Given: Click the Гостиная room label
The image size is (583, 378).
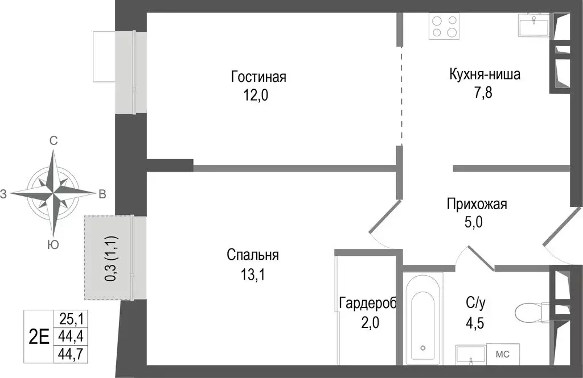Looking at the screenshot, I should tap(258, 77).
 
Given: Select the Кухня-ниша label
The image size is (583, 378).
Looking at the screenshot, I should tap(485, 74).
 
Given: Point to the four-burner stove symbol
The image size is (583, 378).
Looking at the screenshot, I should tap(444, 26).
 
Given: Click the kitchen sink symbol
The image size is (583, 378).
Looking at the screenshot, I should tap(533, 25).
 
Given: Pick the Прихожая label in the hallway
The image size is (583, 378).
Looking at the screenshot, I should tap(477, 204).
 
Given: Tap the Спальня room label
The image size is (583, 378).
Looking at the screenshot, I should tap(252, 255).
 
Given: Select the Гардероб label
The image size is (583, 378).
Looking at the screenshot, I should tap(367, 302).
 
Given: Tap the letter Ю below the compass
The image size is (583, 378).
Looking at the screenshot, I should tap(53, 244).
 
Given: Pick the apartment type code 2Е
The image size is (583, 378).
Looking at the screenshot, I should tap(38, 337).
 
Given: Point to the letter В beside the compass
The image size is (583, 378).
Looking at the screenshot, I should tap(102, 194).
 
